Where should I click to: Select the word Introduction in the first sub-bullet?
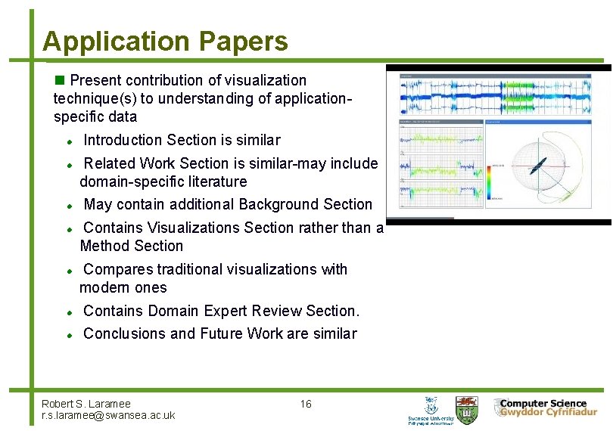coord(123,140)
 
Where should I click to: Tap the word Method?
coord(104,246)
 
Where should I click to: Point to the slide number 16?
coord(306,404)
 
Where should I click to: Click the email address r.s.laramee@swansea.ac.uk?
coord(108,415)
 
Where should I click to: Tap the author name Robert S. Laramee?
coord(86,404)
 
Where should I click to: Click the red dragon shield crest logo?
coord(470,408)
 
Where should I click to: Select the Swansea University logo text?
coord(431,420)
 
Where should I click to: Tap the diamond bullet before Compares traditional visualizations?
coord(69,270)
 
